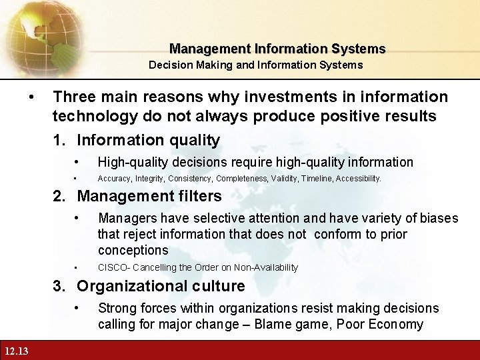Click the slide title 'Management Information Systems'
click(x=277, y=49)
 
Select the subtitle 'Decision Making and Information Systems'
click(x=255, y=65)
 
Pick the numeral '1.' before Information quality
click(x=62, y=140)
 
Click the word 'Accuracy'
click(x=115, y=179)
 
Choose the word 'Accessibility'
click(x=358, y=179)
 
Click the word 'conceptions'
click(x=133, y=250)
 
